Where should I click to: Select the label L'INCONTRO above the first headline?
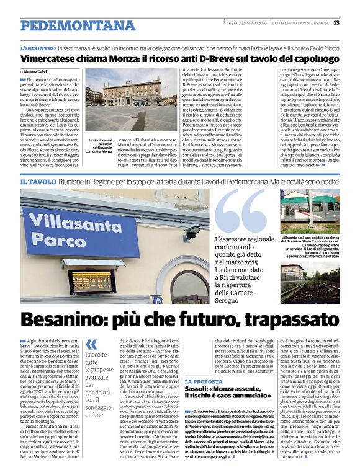click(38, 48)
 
